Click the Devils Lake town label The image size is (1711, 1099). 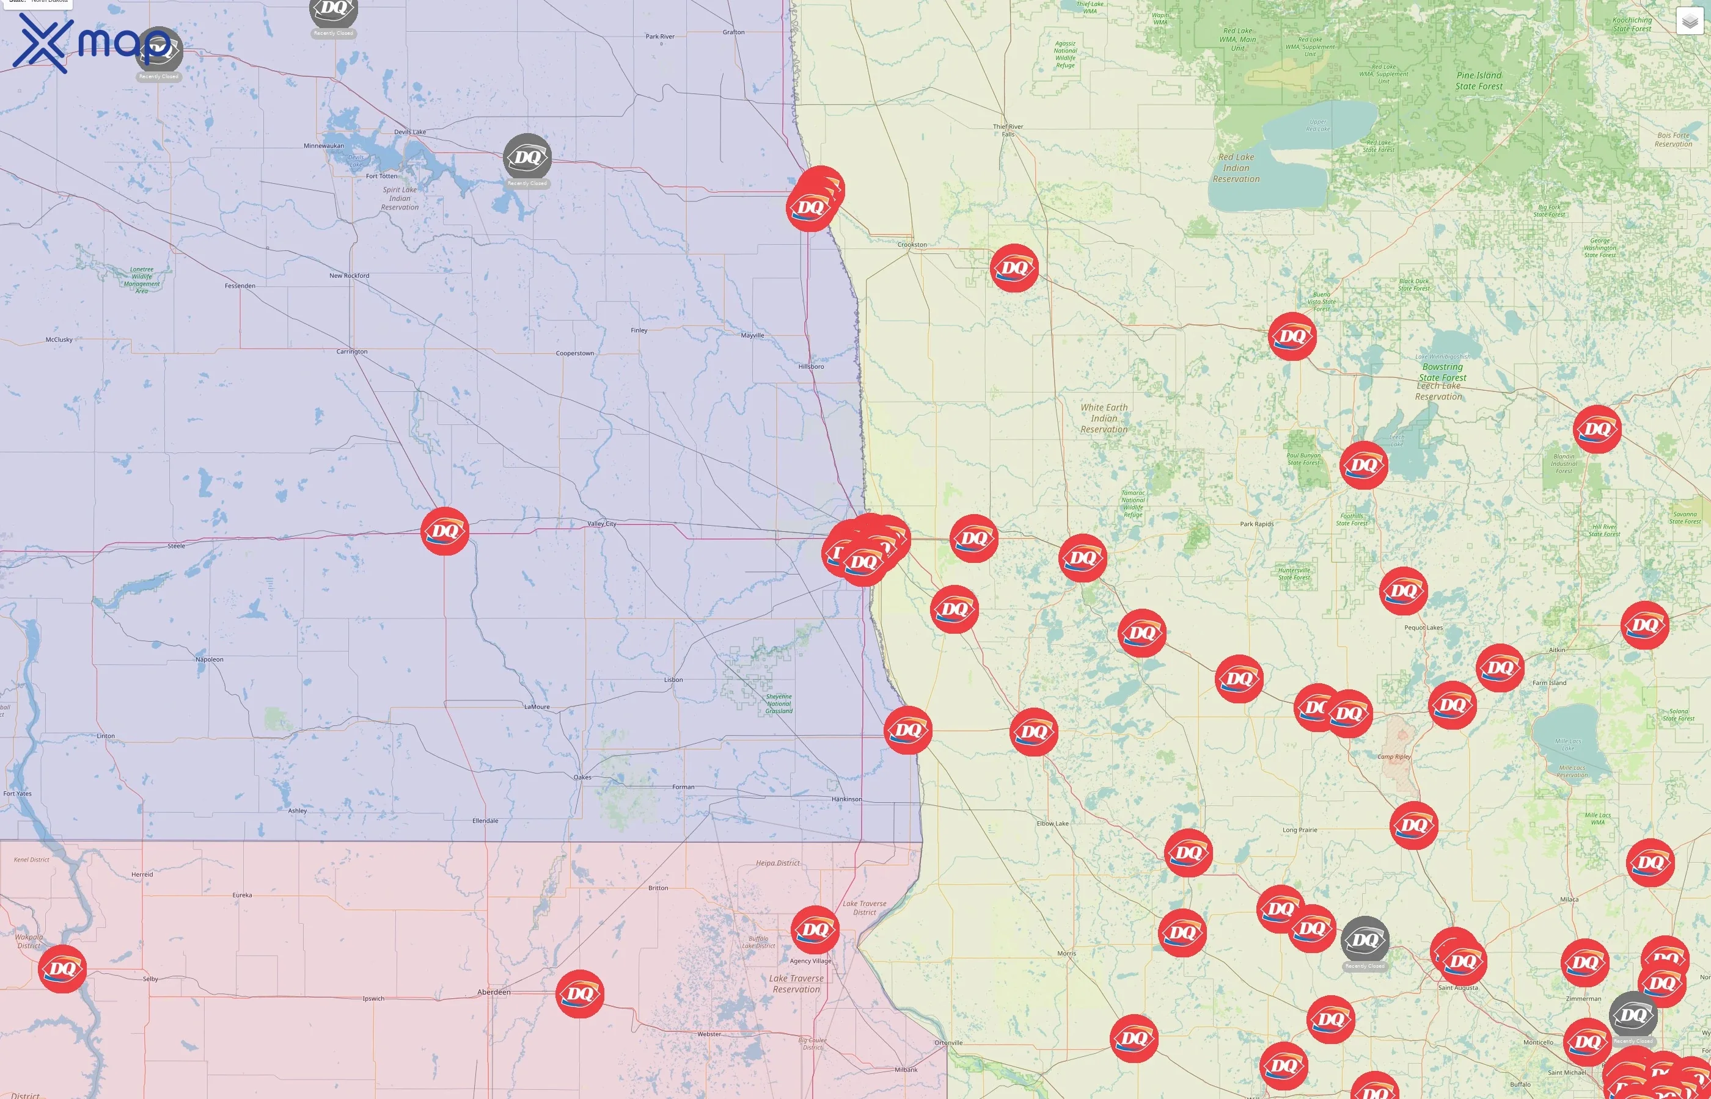pos(410,132)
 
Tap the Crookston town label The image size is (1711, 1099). pos(912,245)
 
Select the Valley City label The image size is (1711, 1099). pos(601,524)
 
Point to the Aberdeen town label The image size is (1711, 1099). pos(494,992)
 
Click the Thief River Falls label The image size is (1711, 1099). pos(1008,131)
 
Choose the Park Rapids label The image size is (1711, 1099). pos(1256,524)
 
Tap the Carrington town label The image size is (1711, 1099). pos(352,352)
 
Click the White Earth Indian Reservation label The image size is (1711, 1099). pos(1104,418)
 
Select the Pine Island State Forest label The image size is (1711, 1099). pos(1479,81)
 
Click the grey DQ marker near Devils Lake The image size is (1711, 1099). pos(527,157)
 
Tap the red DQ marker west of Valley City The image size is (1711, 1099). pos(445,531)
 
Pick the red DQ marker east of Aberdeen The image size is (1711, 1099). pos(579,993)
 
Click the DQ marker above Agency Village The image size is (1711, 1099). pos(815,929)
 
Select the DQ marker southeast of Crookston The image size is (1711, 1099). pos(1014,267)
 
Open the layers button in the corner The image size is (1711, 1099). pos(1689,21)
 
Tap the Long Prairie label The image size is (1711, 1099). pos(1300,830)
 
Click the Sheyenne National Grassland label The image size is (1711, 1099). pos(779,703)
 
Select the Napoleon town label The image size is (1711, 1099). pos(209,659)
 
